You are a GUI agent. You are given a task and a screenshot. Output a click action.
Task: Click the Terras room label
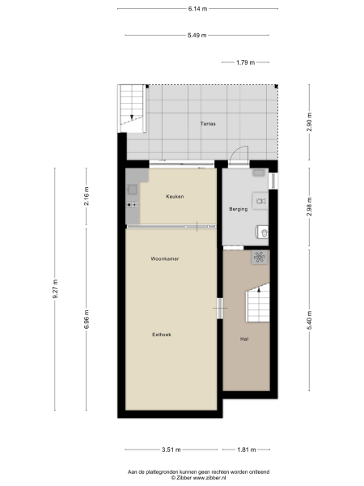208,124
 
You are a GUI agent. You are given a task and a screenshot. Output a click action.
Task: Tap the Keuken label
175,197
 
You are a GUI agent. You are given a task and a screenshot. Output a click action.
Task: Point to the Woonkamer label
164,259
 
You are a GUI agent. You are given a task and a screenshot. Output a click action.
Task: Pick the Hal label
243,339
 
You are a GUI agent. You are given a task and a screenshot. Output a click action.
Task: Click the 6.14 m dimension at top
197,9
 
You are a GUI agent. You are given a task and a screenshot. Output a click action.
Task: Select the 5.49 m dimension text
197,36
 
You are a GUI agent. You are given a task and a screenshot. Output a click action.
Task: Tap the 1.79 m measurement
246,62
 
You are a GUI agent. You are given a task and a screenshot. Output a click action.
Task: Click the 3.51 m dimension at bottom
170,450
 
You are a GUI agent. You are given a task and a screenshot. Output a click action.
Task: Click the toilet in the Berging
264,233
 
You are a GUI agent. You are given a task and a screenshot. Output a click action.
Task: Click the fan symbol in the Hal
260,258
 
